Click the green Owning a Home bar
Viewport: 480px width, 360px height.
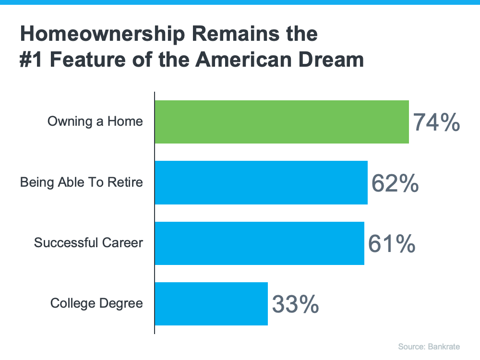click(x=282, y=122)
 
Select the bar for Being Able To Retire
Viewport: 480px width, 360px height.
click(x=261, y=182)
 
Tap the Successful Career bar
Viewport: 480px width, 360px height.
click(x=259, y=243)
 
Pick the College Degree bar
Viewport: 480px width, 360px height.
click(x=211, y=303)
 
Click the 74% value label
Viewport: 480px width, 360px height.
click(x=436, y=122)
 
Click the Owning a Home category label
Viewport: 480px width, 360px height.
click(x=95, y=121)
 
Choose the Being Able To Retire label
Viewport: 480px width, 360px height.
click(x=82, y=182)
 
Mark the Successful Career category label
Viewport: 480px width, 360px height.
click(x=88, y=243)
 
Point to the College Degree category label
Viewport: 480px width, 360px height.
click(x=96, y=303)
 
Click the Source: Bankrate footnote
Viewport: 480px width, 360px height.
click(x=435, y=347)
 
